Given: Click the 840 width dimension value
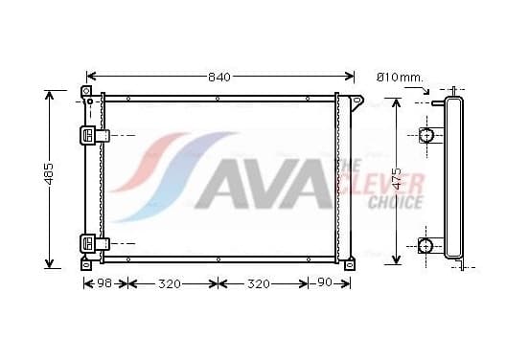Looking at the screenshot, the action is pyautogui.click(x=219, y=78).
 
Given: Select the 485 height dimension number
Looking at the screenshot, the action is pyautogui.click(x=49, y=174).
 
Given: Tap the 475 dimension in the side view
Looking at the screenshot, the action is pyautogui.click(x=398, y=178).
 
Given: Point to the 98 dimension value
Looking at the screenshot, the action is pyautogui.click(x=104, y=283).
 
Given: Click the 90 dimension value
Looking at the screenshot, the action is pyautogui.click(x=325, y=282).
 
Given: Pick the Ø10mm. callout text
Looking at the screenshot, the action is pyautogui.click(x=400, y=78).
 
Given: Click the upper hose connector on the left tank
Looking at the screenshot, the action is pyautogui.click(x=95, y=136).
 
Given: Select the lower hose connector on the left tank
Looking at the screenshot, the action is pyautogui.click(x=95, y=243).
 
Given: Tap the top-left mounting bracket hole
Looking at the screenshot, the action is pyautogui.click(x=86, y=91).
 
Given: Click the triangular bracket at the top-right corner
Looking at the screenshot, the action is pyautogui.click(x=356, y=102).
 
